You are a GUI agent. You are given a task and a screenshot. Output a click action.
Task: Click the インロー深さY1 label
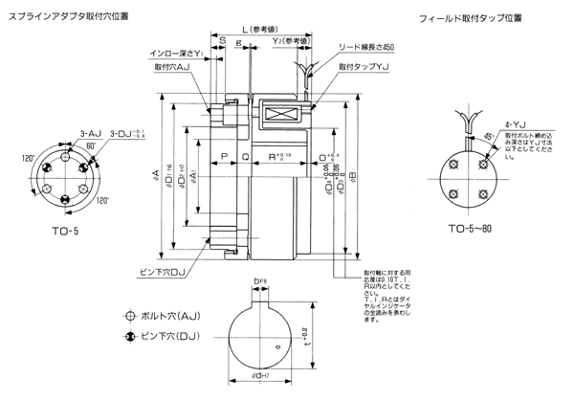coord(176,54)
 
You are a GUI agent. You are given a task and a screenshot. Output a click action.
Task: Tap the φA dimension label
coord(155,174)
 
